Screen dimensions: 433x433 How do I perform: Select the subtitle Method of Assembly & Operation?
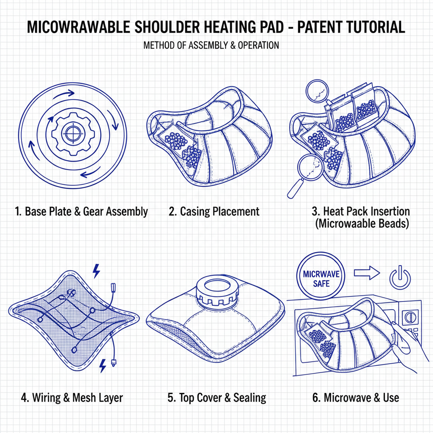coord(211,45)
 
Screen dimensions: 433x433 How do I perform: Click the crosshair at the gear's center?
coord(71,134)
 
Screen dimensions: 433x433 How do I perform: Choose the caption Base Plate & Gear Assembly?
coord(81,211)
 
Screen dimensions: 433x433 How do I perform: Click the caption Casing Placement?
coord(214,211)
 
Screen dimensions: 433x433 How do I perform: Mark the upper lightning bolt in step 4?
coord(96,271)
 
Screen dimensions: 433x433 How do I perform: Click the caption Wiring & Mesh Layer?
coord(72,397)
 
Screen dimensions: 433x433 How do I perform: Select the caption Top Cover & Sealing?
coord(216,397)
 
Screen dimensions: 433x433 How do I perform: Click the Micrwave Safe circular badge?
coord(321,278)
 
